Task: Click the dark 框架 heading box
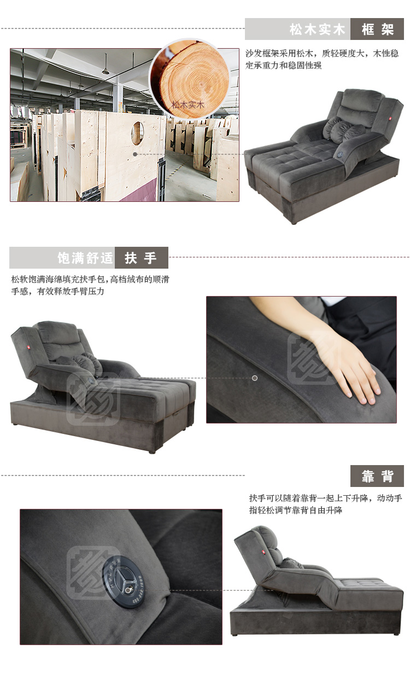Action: [377, 29]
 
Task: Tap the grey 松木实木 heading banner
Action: [297, 29]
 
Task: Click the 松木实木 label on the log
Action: [188, 105]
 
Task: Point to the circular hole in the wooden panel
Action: [137, 133]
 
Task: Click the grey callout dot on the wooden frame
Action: [135, 154]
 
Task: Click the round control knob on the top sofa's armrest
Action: [339, 155]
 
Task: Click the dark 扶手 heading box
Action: [142, 258]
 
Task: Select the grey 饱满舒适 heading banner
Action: [62, 258]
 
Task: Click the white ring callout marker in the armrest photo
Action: [255, 378]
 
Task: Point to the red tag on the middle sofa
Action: [29, 347]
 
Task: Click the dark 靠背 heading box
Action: [377, 476]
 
